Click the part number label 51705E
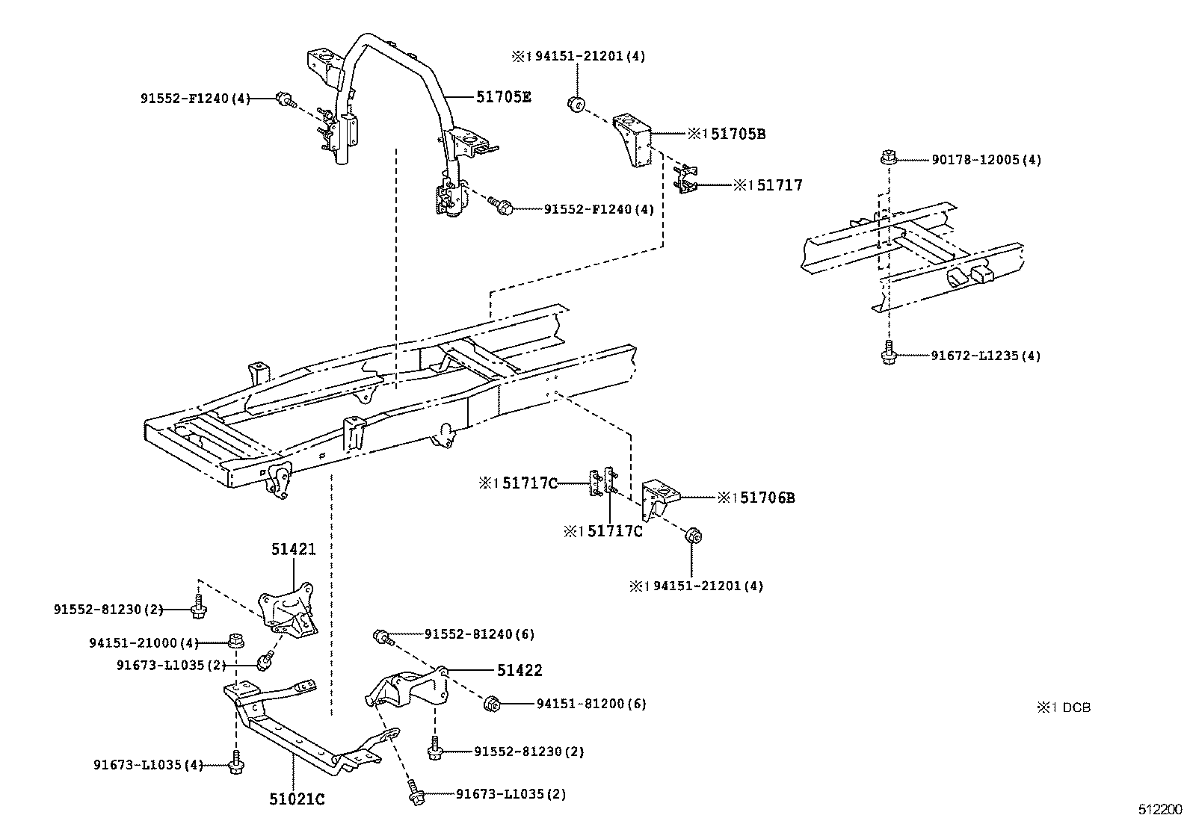click(503, 96)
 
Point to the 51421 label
click(293, 550)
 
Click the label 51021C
click(297, 799)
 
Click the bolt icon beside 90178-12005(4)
click(887, 158)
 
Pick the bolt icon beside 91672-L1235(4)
click(887, 353)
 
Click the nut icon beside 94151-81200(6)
click(493, 703)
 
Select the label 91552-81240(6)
click(479, 634)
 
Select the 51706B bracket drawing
click(660, 498)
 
